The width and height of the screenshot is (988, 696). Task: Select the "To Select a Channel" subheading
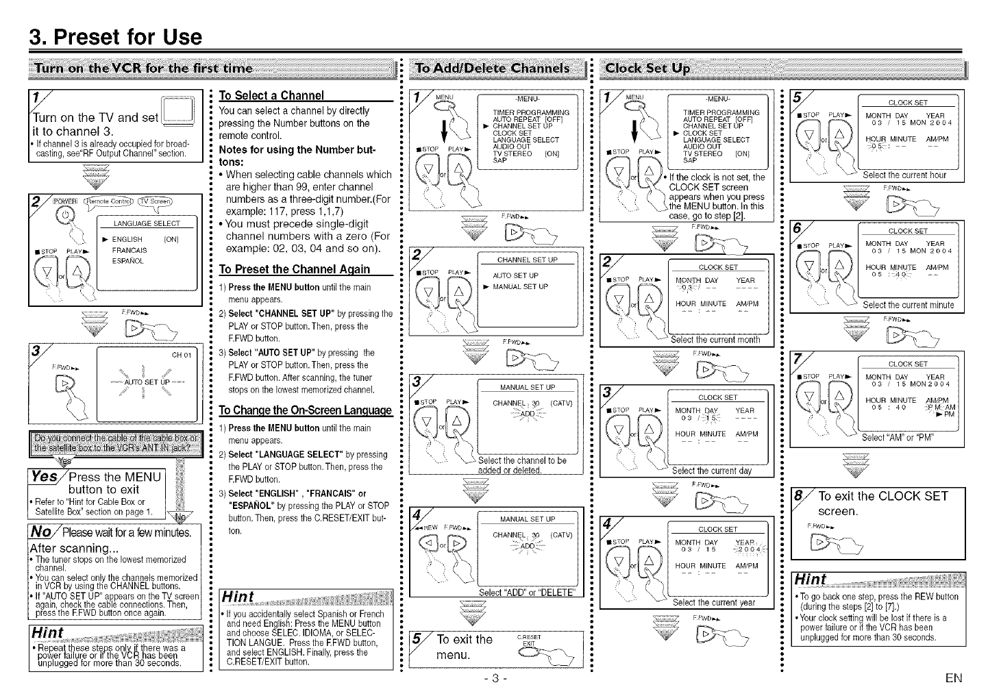coord(271,95)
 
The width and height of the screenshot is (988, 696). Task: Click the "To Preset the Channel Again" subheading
coord(295,269)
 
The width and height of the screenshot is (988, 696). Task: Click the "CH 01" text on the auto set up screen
coord(185,355)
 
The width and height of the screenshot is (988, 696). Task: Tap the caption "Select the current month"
coord(715,340)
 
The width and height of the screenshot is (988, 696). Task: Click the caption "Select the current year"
coord(713,603)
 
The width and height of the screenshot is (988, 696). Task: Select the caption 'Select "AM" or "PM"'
coord(898,438)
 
